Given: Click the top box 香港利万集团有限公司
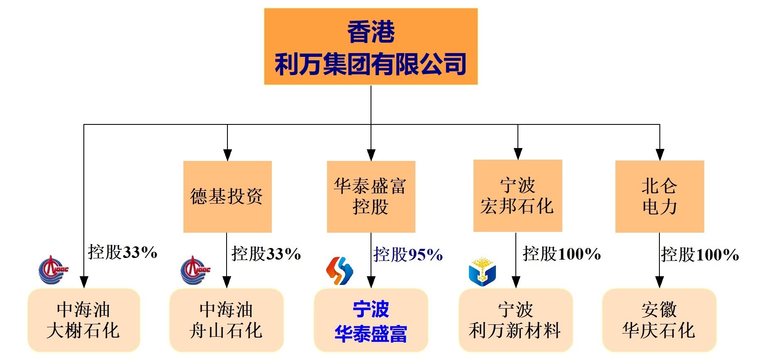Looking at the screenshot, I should click(371, 46).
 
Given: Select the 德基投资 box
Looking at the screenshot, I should click(227, 197).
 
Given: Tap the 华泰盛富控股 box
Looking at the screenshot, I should click(371, 197).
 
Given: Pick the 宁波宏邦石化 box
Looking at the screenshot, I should click(517, 196).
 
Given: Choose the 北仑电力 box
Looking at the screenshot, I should click(659, 197).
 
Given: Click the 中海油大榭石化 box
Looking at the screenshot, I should click(84, 320).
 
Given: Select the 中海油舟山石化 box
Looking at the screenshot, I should click(227, 320).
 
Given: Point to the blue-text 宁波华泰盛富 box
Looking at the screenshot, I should click(371, 320).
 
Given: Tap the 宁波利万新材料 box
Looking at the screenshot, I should click(515, 320).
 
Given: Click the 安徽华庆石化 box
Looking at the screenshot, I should click(659, 320).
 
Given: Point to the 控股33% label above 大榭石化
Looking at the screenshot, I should click(122, 252).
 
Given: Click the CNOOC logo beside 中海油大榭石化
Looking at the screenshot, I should click(53, 270).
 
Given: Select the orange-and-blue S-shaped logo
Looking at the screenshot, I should click(339, 270).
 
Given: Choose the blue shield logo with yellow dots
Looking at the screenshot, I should click(482, 272).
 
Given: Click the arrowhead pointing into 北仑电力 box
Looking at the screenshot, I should click(659, 155).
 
